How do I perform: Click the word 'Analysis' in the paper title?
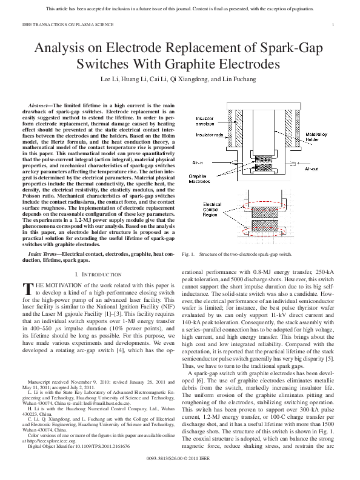pyautogui.click(x=62, y=48)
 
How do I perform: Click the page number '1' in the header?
pyautogui.click(x=333, y=25)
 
